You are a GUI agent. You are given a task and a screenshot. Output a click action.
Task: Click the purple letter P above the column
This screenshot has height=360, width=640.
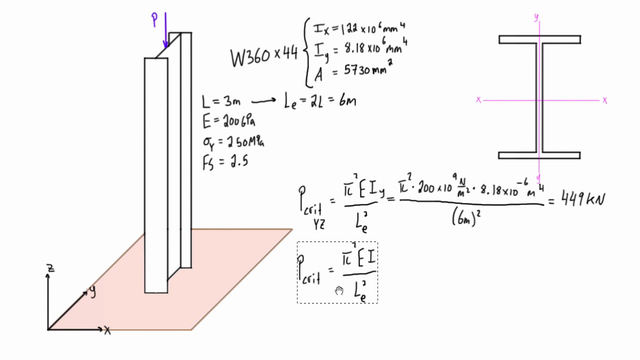click(154, 19)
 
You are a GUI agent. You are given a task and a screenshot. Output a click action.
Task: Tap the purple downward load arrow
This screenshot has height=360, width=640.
click(165, 30)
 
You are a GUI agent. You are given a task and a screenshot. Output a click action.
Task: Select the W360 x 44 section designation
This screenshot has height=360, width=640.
click(264, 56)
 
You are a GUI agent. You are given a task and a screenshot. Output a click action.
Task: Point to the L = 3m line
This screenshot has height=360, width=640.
click(221, 101)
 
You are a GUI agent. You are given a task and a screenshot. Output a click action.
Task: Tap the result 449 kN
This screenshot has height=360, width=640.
click(582, 200)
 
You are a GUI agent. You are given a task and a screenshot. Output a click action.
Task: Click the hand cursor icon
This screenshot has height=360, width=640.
click(339, 290)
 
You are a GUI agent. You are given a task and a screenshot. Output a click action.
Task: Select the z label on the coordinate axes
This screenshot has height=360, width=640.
click(50, 268)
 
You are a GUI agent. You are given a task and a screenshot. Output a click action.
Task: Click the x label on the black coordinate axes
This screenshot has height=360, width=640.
click(107, 330)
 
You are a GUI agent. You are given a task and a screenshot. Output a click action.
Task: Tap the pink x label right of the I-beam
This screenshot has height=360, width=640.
click(605, 100)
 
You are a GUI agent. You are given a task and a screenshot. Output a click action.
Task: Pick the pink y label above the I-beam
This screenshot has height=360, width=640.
click(536, 17)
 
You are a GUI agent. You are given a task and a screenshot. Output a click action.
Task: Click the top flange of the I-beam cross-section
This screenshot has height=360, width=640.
click(539, 39)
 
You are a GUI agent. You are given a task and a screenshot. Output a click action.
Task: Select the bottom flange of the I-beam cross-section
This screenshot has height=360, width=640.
click(539, 155)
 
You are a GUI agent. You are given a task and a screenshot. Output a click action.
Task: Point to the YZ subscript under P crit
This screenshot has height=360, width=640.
click(318, 224)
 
